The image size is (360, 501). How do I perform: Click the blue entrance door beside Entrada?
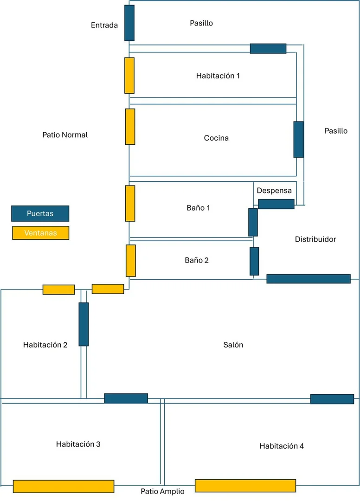tap(129, 23)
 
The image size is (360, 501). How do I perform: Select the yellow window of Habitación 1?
tap(129, 76)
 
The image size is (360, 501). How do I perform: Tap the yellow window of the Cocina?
tap(130, 127)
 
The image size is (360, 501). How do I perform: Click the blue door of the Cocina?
tap(299, 139)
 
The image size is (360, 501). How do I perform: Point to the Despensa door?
tap(276, 204)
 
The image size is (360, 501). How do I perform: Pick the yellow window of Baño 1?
tap(130, 203)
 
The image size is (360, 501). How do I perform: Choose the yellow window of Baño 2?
tap(131, 261)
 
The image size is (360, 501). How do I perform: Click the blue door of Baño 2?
tap(254, 261)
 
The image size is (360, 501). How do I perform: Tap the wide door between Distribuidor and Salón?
tap(309, 279)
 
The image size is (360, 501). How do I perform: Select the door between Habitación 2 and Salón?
tap(84, 324)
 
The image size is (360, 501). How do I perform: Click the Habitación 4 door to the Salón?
tap(332, 399)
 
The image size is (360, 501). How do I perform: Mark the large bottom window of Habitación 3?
tap(64, 486)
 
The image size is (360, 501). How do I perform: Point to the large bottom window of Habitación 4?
tap(245, 486)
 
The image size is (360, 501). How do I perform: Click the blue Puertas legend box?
tap(40, 213)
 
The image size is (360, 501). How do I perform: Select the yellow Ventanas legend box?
tap(40, 233)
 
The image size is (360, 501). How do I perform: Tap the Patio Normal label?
tap(65, 135)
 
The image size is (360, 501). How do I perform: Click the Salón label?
tap(233, 345)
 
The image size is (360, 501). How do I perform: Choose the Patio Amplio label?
tap(162, 491)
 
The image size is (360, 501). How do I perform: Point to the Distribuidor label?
tap(315, 239)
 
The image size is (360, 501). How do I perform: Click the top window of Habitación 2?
tap(59, 289)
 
